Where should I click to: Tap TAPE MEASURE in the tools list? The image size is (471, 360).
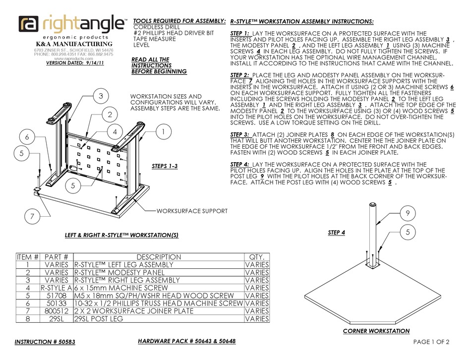tap(154, 39)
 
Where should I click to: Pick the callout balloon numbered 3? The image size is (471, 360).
tap(100, 96)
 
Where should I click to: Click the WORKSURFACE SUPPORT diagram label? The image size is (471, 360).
tap(192, 211)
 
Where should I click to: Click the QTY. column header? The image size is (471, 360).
tap(257, 257)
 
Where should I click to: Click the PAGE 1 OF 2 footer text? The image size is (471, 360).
tap(431, 342)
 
